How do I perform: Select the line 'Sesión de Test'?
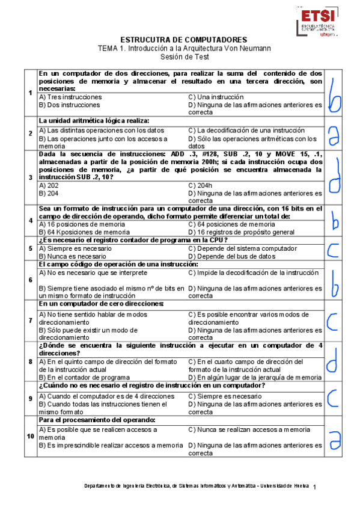tap(180, 57)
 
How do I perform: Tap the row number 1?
tap(31, 93)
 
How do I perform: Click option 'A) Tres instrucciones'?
tap(70, 97)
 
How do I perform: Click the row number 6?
tap(31, 280)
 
